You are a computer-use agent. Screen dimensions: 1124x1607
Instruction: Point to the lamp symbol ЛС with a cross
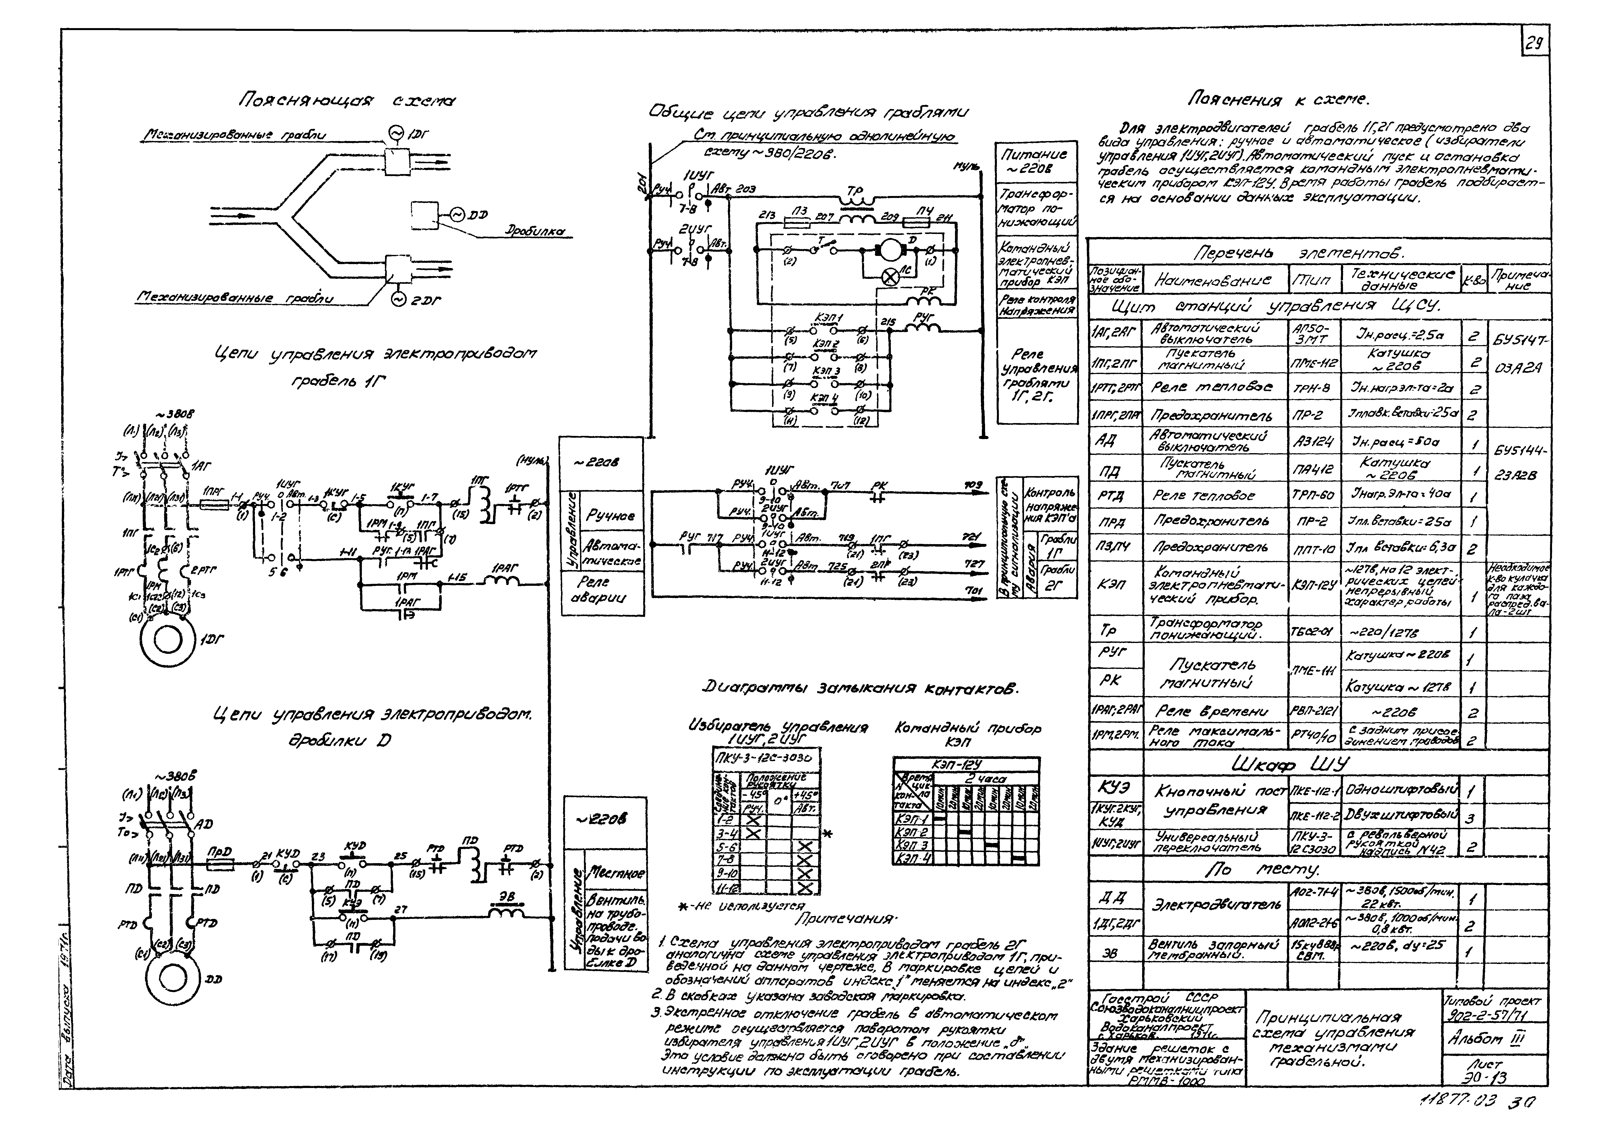click(891, 277)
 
